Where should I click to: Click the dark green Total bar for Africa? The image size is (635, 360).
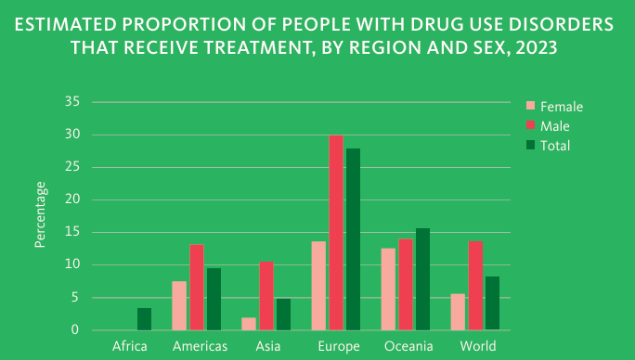point(144,319)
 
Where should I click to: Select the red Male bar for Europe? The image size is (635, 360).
point(336,233)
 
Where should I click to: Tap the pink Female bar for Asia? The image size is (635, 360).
point(249,324)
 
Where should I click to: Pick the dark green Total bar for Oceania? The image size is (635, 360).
point(422,279)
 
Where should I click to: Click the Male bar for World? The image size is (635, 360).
point(475,286)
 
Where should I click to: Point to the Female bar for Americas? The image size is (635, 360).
point(179,306)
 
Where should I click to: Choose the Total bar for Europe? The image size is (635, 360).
point(353,239)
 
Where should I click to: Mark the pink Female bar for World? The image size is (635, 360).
point(458,312)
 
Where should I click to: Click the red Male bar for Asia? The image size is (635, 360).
point(266,296)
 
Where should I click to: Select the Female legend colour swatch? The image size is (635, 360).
point(530,106)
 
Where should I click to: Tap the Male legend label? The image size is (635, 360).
point(555,126)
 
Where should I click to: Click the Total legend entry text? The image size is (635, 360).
point(555,146)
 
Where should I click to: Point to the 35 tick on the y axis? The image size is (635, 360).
point(72,102)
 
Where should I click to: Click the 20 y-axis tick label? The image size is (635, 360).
point(72,199)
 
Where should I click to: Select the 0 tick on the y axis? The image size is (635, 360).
point(75,330)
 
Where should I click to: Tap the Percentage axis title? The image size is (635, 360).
point(40,214)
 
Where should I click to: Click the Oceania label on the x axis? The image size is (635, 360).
point(408,346)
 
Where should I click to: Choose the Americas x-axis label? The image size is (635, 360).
point(200,346)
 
